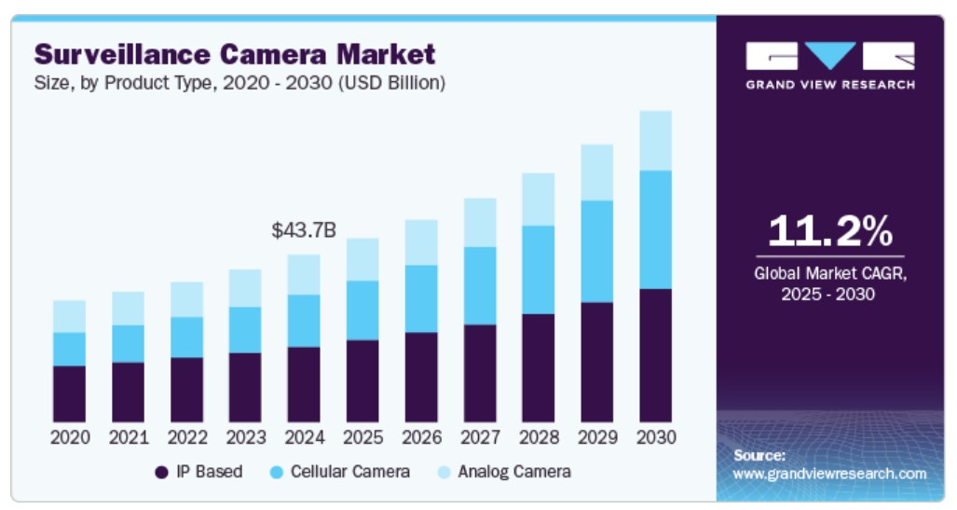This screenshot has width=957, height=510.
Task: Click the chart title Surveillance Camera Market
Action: (234, 53)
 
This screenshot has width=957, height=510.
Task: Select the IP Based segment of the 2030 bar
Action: (655, 355)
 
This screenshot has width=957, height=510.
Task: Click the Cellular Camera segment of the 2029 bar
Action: (596, 251)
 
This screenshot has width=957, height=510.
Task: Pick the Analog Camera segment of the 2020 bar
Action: (69, 316)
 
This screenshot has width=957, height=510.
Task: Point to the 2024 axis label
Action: (304, 437)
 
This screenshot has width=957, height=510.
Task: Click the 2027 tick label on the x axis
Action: (480, 437)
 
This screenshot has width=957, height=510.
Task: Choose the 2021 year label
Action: (128, 437)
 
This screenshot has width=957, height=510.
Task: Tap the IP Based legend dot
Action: (161, 473)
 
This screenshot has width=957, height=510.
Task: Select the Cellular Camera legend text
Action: (349, 472)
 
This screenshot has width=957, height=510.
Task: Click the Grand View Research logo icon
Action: (829, 57)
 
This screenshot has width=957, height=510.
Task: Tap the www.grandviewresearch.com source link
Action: (829, 474)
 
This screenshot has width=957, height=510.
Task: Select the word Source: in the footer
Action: (759, 456)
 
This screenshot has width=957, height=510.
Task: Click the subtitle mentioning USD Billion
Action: (239, 83)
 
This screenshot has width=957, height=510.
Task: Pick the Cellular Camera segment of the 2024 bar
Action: (304, 321)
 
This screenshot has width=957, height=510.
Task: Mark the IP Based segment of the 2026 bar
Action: (421, 377)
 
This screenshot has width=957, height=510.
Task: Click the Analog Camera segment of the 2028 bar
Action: (538, 200)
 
